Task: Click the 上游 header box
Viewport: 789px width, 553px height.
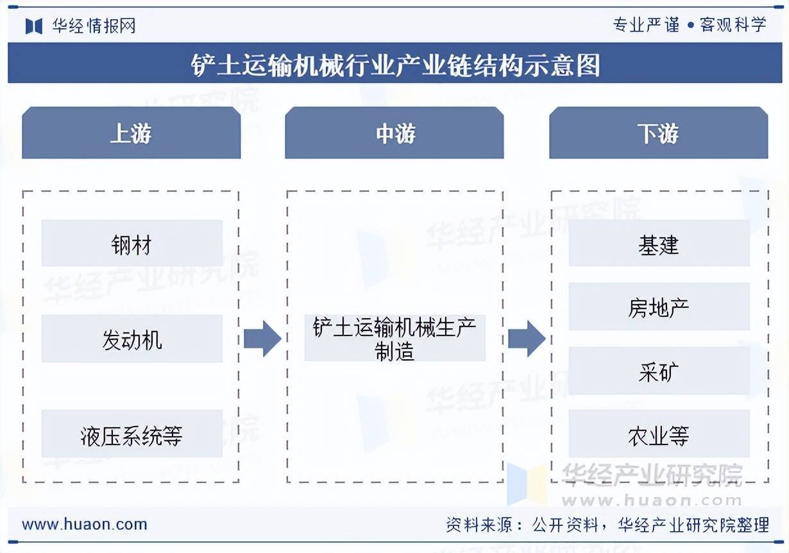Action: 131,133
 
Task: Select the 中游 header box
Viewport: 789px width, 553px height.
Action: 394,133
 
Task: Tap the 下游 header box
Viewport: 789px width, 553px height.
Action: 659,133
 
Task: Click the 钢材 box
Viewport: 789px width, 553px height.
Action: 132,243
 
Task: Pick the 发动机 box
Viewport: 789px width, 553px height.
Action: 132,339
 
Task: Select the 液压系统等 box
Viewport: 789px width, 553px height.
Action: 132,434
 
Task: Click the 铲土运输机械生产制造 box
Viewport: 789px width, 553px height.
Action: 395,338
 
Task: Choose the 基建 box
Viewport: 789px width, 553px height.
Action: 659,243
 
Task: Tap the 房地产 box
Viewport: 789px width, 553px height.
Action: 659,307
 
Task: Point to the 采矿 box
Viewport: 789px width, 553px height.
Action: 659,371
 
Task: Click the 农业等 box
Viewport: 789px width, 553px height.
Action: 659,434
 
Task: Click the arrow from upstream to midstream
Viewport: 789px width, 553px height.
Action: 263,339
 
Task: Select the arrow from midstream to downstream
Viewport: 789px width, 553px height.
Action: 527,339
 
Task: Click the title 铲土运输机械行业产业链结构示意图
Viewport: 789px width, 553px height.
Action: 395,65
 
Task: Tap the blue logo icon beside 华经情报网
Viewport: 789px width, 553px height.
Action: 34,26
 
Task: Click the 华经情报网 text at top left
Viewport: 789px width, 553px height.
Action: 94,26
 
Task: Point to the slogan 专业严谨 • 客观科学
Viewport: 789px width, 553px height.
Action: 690,25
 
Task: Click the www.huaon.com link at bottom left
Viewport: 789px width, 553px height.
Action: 85,525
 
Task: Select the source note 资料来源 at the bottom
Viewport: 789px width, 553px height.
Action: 607,525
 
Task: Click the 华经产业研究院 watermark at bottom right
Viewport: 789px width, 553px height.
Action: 652,475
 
